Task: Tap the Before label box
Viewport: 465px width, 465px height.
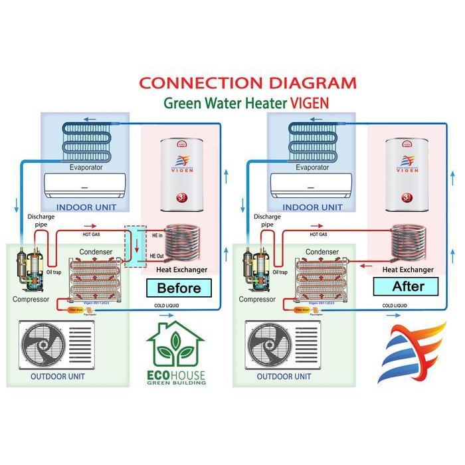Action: click(178, 288)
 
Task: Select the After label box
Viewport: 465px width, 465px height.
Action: click(408, 286)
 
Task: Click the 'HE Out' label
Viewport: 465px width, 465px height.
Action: click(157, 256)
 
